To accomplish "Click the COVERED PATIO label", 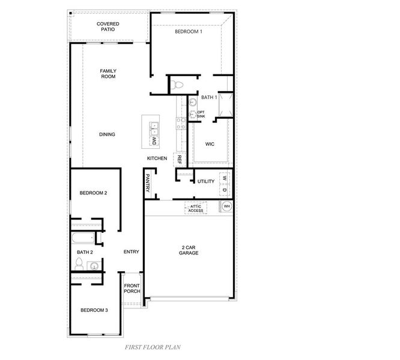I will (x=108, y=26).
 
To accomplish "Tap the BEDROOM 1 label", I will (x=188, y=32).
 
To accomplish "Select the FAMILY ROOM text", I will (x=108, y=74).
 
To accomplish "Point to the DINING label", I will (x=107, y=134).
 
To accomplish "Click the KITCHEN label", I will (x=157, y=158).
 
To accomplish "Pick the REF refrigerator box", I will (x=179, y=160).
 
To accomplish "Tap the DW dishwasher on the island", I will (x=153, y=141).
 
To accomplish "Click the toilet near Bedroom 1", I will (x=175, y=85).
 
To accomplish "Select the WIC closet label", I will (x=210, y=144).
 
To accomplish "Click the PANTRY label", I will (x=148, y=184).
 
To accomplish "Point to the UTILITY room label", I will (x=206, y=181).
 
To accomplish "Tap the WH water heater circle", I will (x=227, y=206).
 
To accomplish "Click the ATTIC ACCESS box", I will (x=196, y=208).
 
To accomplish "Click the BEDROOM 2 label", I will (x=93, y=193).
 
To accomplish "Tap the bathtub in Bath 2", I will (x=83, y=239).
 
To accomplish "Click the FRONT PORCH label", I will (x=132, y=288).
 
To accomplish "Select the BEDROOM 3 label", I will (x=94, y=310).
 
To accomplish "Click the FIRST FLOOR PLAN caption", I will (x=153, y=347).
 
